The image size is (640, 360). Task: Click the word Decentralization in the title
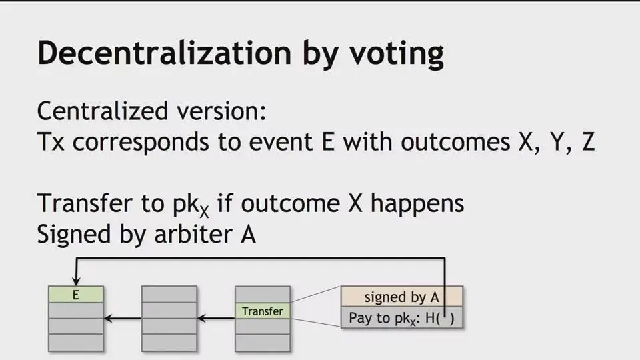pos(164,53)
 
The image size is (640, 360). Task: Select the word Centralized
pos(103,111)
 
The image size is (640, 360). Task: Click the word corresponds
pos(141,143)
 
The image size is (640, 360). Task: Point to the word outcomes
pos(455,142)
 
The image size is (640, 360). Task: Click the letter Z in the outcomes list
pos(588,141)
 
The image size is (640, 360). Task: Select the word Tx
pos(51,141)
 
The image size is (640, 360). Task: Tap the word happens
pos(417,204)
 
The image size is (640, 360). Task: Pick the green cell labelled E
pos(76,294)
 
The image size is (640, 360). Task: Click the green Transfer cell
pos(263,311)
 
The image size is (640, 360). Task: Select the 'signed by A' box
pos(401,297)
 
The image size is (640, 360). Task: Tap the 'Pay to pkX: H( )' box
pos(401,317)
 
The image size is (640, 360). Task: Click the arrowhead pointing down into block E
pos(76,281)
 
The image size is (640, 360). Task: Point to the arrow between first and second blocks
pos(123,319)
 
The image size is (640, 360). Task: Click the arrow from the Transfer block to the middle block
pos(216,319)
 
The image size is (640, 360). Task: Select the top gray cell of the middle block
pos(169,294)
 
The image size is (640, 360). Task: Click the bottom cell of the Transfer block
pos(263,343)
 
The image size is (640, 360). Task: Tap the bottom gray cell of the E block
pos(76,343)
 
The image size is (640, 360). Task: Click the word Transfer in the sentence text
pos(85,203)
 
